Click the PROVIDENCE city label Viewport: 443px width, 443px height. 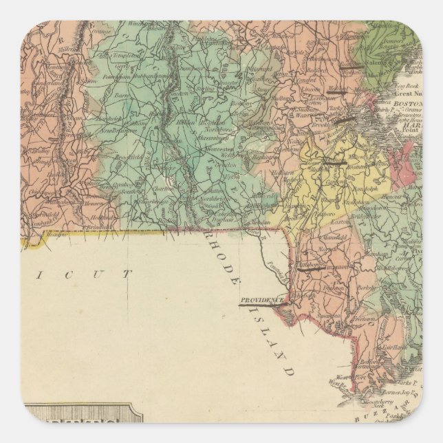coord(262,300)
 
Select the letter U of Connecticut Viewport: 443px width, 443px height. coord(89,274)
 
